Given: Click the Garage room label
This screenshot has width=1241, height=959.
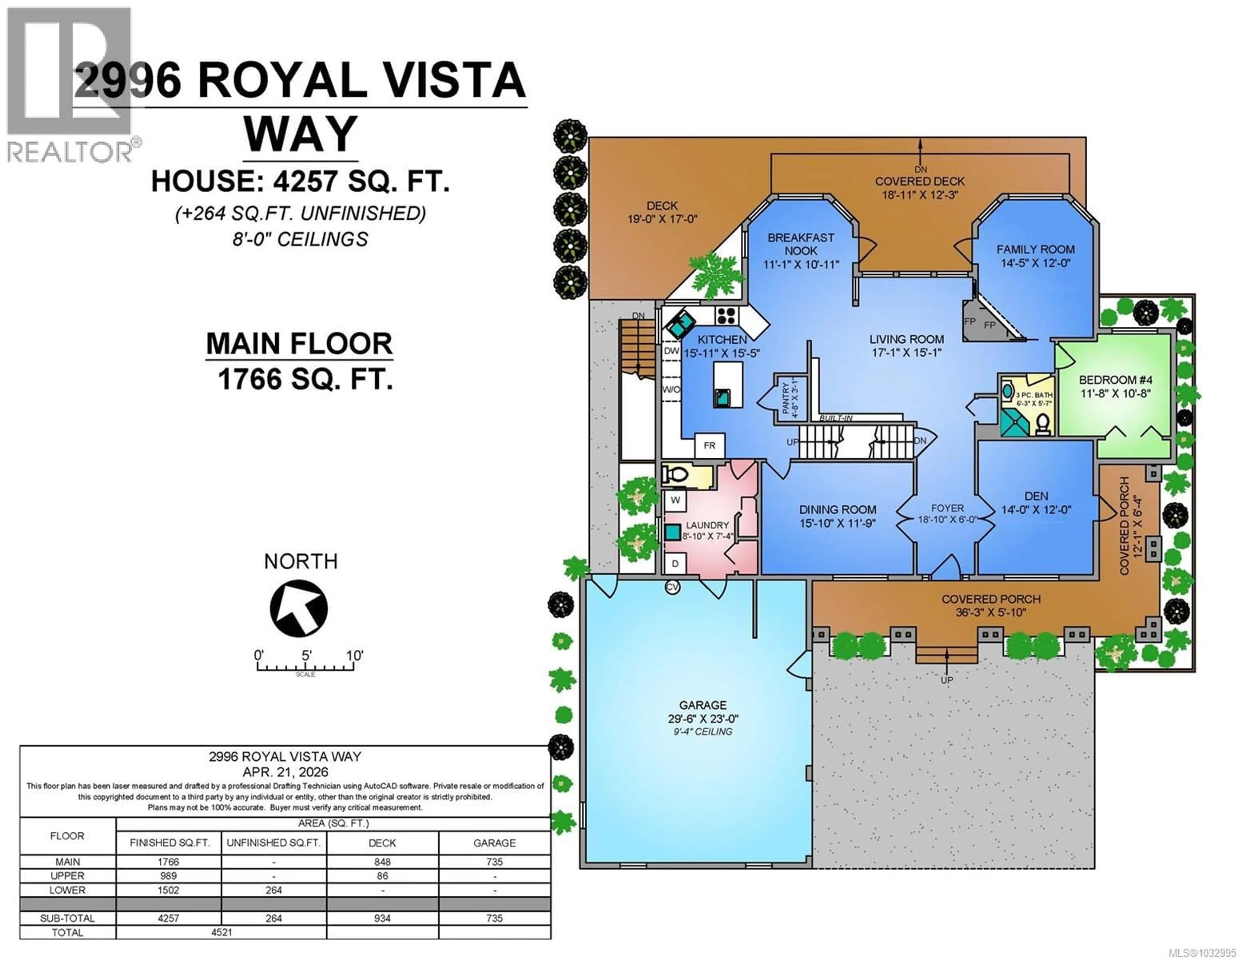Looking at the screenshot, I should [702, 705].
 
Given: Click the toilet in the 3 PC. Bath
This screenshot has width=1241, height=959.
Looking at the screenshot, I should [1042, 423].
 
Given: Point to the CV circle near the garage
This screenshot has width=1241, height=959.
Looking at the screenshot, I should [672, 587].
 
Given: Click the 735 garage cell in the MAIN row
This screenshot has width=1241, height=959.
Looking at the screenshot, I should [494, 862].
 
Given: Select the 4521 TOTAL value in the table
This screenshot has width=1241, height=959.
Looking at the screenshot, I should [222, 932].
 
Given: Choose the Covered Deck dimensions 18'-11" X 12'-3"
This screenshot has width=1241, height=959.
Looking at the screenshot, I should [919, 195].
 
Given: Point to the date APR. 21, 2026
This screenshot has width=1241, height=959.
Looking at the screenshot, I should [285, 772].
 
